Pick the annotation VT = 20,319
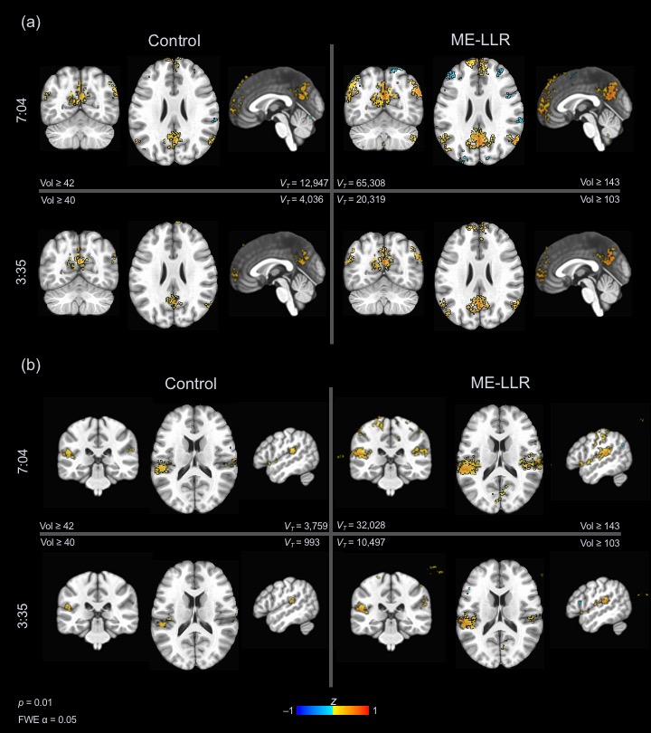click(362, 199)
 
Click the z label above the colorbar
click(333, 700)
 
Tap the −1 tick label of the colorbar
click(288, 711)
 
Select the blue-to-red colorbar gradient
click(332, 711)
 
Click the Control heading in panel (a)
click(175, 40)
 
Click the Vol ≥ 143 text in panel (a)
click(599, 183)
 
